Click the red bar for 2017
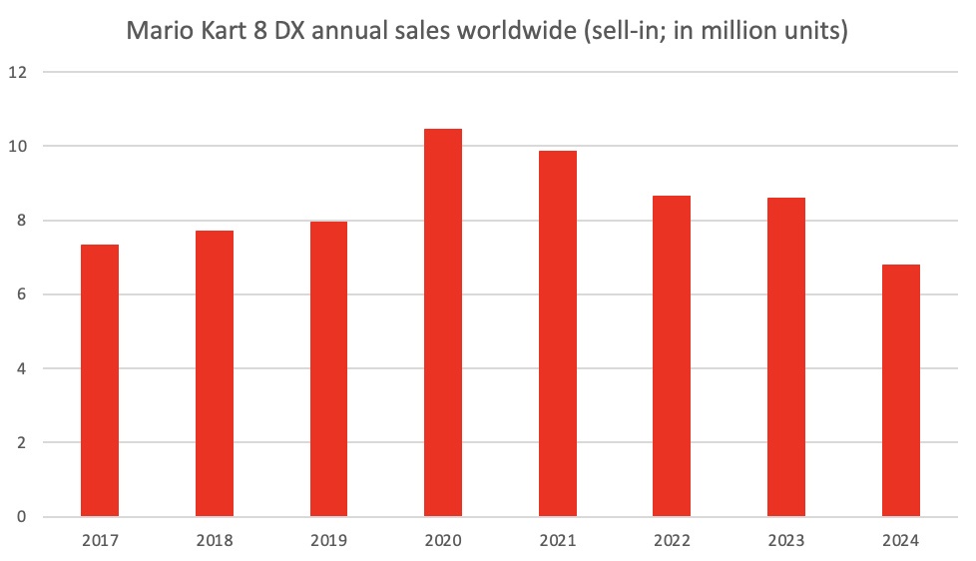(x=100, y=380)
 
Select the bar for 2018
(x=215, y=373)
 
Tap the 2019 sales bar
(x=328, y=369)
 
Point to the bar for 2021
(x=557, y=333)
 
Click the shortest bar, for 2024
(x=900, y=390)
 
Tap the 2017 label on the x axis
(x=100, y=542)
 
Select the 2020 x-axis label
(x=443, y=542)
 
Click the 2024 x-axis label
(x=900, y=542)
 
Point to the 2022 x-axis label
(x=672, y=542)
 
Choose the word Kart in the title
(x=223, y=31)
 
